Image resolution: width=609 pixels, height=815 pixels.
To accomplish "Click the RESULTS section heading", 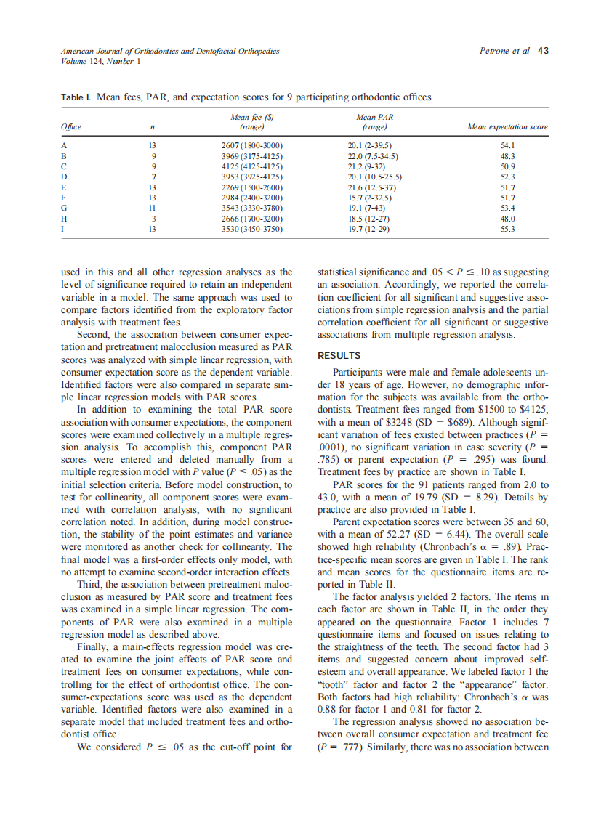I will tap(339, 355).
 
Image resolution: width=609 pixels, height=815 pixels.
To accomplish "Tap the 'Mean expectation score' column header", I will tap(507, 127).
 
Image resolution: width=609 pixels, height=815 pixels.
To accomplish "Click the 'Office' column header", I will tap(70, 127).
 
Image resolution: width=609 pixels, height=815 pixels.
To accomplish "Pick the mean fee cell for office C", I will tap(251, 166).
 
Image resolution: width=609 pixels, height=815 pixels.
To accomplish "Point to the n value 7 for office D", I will tap(153, 177).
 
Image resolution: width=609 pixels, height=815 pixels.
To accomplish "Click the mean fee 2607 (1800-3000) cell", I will tap(251, 145).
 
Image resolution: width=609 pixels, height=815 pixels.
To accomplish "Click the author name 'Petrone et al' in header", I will tap(505, 51).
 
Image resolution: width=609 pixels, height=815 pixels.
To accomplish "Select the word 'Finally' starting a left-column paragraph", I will tap(93, 647).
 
